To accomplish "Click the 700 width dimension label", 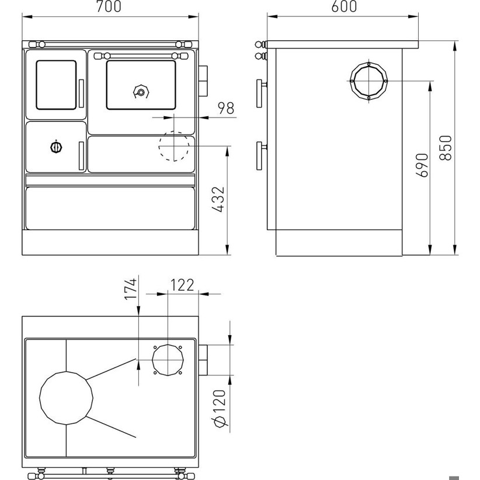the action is (x=109, y=6).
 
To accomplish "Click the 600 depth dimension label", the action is (x=344, y=6).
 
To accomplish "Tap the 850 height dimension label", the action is (x=446, y=148).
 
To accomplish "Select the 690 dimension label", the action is (x=422, y=165).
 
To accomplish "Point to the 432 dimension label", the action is (x=218, y=199).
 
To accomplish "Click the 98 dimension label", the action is (x=226, y=108).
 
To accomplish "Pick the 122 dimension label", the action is (x=182, y=285).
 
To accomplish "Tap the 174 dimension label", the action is (x=130, y=289).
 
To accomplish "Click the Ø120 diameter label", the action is (x=220, y=409).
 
